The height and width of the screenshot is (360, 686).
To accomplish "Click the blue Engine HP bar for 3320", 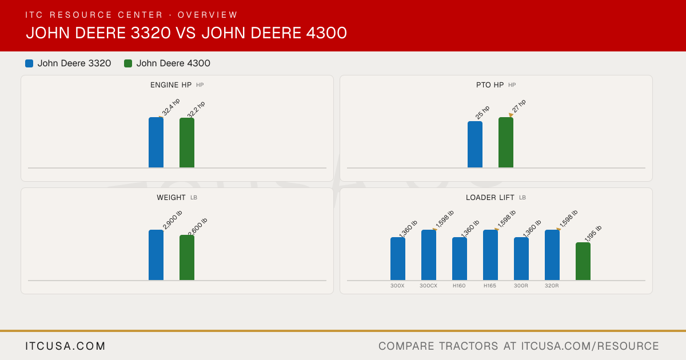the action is pyautogui.click(x=156, y=142).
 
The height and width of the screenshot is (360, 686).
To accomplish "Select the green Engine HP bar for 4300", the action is pyautogui.click(x=187, y=143).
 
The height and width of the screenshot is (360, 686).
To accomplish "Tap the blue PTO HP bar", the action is pyautogui.click(x=475, y=145).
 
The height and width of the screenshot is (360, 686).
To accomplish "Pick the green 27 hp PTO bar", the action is pyautogui.click(x=506, y=142).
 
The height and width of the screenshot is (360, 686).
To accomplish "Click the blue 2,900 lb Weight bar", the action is pyautogui.click(x=156, y=255).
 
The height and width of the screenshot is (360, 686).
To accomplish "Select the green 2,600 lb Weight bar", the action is pyautogui.click(x=187, y=258).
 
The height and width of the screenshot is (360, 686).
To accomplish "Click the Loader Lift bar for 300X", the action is pyautogui.click(x=398, y=259).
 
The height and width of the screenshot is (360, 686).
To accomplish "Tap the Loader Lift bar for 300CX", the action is pyautogui.click(x=429, y=255).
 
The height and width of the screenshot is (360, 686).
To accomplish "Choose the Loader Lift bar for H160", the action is pyautogui.click(x=460, y=259).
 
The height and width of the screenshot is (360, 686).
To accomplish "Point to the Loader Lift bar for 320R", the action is pyautogui.click(x=552, y=255).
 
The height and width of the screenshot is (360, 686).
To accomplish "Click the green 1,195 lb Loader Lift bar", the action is pyautogui.click(x=583, y=262).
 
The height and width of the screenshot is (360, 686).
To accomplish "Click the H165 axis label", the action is pyautogui.click(x=490, y=286).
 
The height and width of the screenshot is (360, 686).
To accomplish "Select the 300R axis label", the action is pyautogui.click(x=521, y=286).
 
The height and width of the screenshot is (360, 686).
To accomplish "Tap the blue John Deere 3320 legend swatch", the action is pyautogui.click(x=29, y=63).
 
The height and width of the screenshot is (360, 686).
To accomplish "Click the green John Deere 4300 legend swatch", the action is pyautogui.click(x=128, y=63).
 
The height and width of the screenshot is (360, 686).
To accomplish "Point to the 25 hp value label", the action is pyautogui.click(x=482, y=113).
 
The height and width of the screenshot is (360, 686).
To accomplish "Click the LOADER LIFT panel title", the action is pyautogui.click(x=490, y=198).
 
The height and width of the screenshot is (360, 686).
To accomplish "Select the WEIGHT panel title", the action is pyautogui.click(x=171, y=198).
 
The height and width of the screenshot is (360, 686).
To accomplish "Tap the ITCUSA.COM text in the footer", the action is pyautogui.click(x=65, y=346).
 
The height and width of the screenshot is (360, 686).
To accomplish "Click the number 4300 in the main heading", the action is pyautogui.click(x=326, y=33).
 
